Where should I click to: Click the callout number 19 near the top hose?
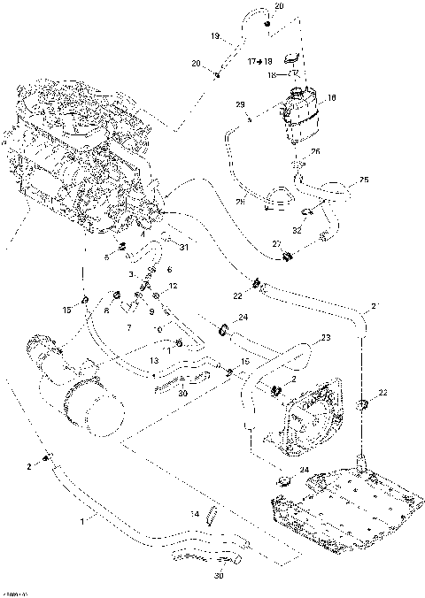click(215, 37)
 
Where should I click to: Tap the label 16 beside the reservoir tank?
click(332, 98)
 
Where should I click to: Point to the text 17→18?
click(259, 61)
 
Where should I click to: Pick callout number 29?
click(239, 105)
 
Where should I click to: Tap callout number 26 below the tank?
click(316, 151)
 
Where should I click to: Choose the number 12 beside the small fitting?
click(174, 286)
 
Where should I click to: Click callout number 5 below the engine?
click(106, 257)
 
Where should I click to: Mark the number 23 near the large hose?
click(325, 337)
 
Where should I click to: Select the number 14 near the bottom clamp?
click(195, 513)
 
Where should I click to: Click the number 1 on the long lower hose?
click(83, 523)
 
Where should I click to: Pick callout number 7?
click(129, 328)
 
